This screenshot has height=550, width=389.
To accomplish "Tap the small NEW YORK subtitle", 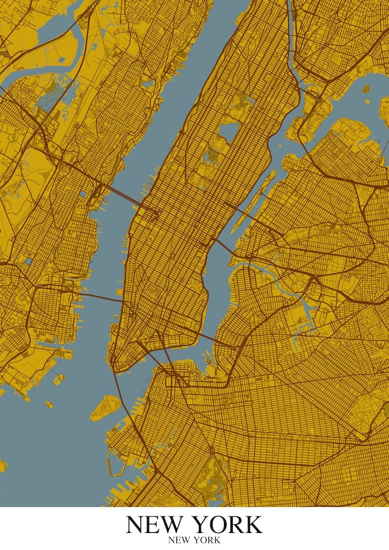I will pos(194,541).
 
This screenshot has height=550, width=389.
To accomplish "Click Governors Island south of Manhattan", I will pos(105,408).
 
